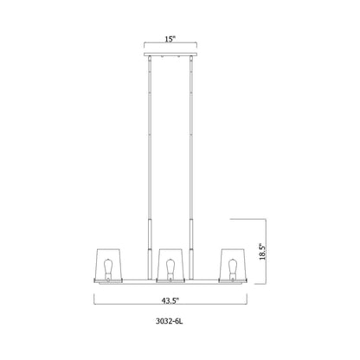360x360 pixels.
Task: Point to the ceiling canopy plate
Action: point(170,55)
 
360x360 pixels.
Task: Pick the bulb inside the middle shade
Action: point(170,266)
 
